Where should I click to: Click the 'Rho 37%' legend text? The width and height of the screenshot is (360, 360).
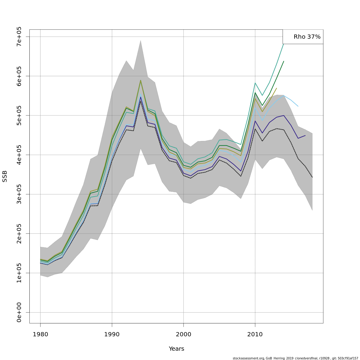(307, 37)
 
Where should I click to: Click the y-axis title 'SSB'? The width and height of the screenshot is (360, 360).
(4, 176)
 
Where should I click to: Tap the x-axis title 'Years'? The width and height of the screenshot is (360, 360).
(176, 349)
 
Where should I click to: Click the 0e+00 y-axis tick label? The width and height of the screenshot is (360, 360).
(19, 312)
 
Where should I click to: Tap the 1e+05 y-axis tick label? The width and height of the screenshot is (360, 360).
(19, 273)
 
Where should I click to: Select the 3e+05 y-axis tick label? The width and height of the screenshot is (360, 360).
(19, 194)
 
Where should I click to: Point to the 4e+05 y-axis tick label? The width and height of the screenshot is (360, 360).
(19, 155)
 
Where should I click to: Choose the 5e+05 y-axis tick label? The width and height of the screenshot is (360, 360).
(19, 115)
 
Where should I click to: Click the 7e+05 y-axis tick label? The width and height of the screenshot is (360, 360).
(19, 37)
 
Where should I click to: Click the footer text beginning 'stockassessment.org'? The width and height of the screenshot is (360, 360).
(295, 358)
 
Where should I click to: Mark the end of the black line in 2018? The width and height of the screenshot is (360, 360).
(312, 177)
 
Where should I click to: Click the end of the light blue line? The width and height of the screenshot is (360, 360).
(298, 106)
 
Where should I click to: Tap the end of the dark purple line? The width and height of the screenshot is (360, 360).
(305, 136)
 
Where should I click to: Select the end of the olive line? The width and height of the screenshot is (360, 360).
(277, 88)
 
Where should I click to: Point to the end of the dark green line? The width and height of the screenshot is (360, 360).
(284, 61)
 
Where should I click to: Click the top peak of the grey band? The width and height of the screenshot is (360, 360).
(140, 40)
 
